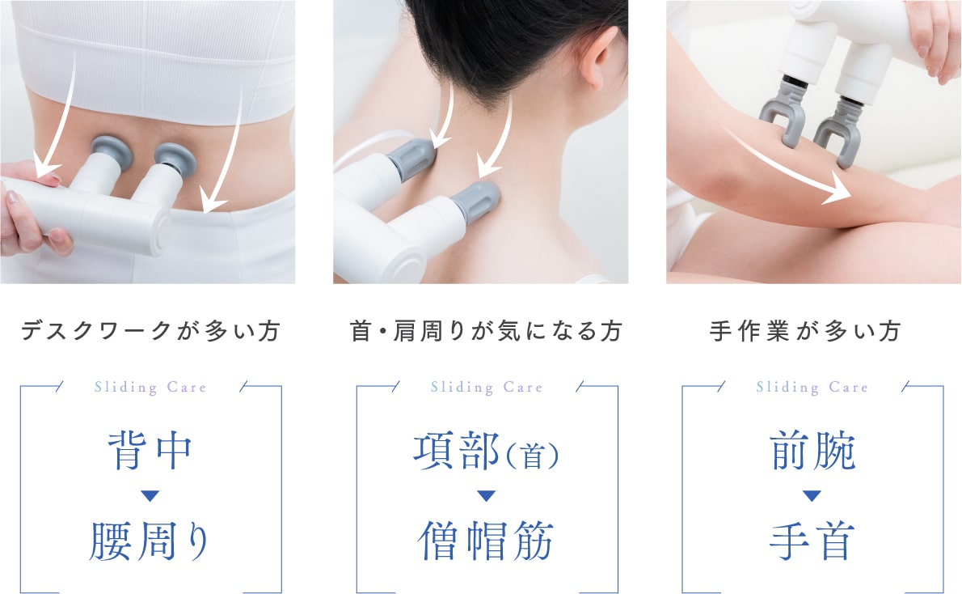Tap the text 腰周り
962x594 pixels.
coord(150,541)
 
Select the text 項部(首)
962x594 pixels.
coord(486,451)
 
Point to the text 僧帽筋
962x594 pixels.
coord(486,541)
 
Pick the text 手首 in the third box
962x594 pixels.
coord(812,541)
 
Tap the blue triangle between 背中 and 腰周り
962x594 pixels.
coord(150,496)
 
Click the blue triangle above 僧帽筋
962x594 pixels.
coord(486,496)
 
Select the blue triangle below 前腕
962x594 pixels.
coord(812,496)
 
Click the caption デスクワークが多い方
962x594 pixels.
coord(151,331)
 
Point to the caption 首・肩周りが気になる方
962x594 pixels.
coord(486,331)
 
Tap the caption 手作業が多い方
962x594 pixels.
coord(805,331)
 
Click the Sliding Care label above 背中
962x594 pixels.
coord(150,387)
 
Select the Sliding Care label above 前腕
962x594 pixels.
coord(812,387)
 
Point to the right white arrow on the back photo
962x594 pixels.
coord(228,154)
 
